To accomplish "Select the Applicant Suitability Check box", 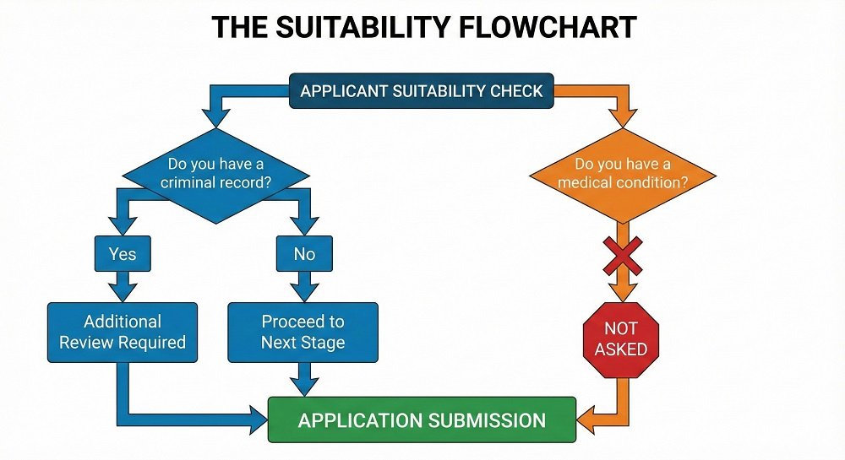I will tap(422, 91).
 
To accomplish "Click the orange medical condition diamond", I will tap(623, 175).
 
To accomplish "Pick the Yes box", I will tap(123, 253).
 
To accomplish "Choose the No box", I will tap(303, 253).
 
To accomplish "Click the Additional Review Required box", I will tap(123, 332).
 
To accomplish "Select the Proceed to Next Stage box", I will tap(303, 332).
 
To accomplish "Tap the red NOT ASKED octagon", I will tap(620, 338).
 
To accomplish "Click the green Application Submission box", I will tap(422, 419).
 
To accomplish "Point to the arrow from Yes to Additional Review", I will tap(123, 287).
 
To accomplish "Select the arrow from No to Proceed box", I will tap(303, 287).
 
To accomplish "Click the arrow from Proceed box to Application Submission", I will tap(303, 379).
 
